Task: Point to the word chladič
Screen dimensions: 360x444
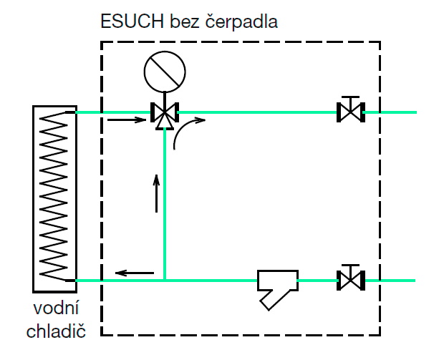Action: coord(55,331)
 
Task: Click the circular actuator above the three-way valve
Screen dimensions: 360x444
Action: coord(164,72)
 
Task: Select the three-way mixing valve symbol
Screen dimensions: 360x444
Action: coord(165,113)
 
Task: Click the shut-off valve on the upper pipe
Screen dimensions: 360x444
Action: coord(350,111)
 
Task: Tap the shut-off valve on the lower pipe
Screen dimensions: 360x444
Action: coord(350,278)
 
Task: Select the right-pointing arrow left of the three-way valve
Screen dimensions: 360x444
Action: coord(122,120)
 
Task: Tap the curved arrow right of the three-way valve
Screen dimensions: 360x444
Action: coord(190,127)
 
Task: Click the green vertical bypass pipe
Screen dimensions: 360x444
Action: coord(165,208)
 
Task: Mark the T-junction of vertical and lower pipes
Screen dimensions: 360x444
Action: coord(165,280)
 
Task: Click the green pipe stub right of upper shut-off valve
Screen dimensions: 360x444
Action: coord(390,112)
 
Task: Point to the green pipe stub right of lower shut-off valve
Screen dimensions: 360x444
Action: coord(390,280)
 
